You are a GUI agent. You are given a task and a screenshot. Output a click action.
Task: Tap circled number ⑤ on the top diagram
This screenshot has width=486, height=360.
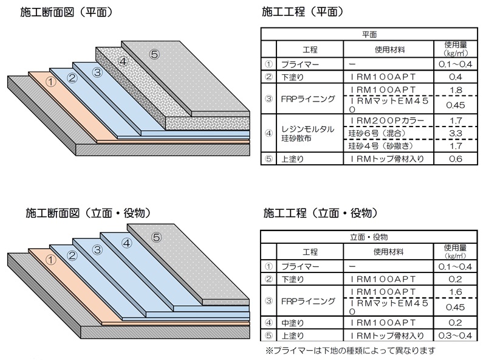[x=154, y=54]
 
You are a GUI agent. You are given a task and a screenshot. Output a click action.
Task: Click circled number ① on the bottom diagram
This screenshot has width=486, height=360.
[x=51, y=259]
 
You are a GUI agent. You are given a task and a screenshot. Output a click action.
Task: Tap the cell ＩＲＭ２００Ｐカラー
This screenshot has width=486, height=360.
[x=387, y=120]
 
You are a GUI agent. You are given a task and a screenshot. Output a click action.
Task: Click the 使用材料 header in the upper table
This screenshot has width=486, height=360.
[x=386, y=49]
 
